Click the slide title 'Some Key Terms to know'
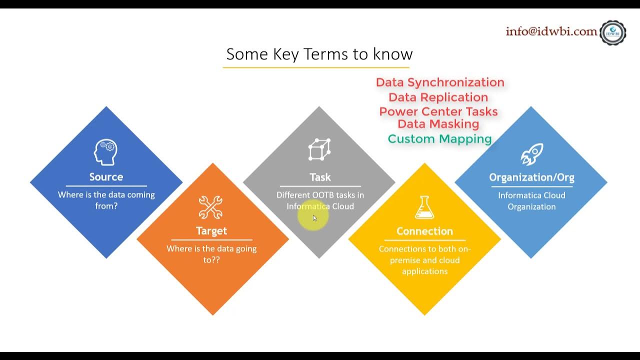pyautogui.click(x=319, y=54)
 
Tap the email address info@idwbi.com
pyautogui.click(x=551, y=31)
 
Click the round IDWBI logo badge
pyautogui.click(x=612, y=33)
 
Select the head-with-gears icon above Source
pyautogui.click(x=105, y=152)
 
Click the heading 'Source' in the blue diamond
pyautogui.click(x=106, y=177)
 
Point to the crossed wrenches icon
pyautogui.click(x=210, y=207)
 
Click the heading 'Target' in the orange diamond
pyautogui.click(x=211, y=231)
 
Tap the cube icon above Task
pyautogui.click(x=319, y=149)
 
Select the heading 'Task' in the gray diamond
pyautogui.click(x=320, y=177)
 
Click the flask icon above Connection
pyautogui.click(x=424, y=207)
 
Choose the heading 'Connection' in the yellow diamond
pyautogui.click(x=424, y=231)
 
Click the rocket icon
pyautogui.click(x=531, y=154)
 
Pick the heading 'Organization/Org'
pyautogui.click(x=531, y=177)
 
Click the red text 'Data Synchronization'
pyautogui.click(x=440, y=82)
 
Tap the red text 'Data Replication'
pyautogui.click(x=438, y=97)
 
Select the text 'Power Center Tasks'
pyautogui.click(x=438, y=111)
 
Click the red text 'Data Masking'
pyautogui.click(x=438, y=124)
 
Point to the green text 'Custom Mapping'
pyautogui.click(x=440, y=139)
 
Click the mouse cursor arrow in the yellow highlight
pyautogui.click(x=314, y=218)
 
